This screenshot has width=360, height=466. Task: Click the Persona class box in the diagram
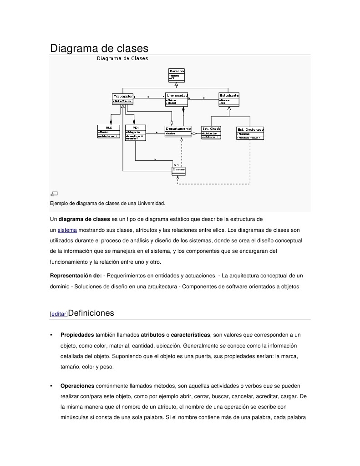coord(177,75)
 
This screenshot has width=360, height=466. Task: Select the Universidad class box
coord(177,99)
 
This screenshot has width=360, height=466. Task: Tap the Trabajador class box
coord(122,99)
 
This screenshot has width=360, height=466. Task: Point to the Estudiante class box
coord(229,99)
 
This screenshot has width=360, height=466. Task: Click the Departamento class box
coord(178,131)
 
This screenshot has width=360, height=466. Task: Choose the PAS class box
coord(109,131)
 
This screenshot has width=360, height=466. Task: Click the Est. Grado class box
coord(211,132)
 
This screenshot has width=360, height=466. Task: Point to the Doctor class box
coord(179,170)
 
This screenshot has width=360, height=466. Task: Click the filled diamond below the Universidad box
coord(183,110)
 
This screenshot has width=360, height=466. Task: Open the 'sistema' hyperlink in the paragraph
coord(67,230)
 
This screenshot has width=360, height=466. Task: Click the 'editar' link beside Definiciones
coord(58,314)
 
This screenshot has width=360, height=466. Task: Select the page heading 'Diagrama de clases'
coord(99,48)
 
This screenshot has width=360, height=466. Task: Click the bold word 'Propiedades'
coord(77,335)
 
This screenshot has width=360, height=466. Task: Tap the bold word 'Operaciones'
coord(77,386)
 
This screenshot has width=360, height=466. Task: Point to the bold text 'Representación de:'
coord(76,276)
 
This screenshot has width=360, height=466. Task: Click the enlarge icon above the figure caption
coord(54,193)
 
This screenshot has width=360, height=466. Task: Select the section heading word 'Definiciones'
coord(91,313)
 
